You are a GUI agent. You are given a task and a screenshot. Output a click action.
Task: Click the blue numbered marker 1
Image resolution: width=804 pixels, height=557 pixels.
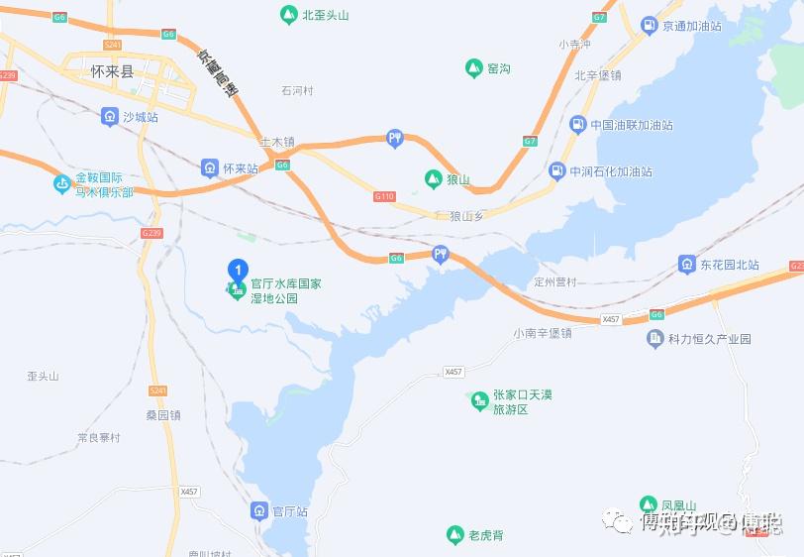pos(238,270)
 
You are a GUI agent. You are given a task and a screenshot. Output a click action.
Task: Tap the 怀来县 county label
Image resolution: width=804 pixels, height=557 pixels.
pos(111,71)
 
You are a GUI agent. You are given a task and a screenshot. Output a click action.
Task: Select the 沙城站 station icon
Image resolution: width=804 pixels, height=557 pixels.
pos(110,117)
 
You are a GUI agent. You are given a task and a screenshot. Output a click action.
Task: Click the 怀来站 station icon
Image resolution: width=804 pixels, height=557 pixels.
pos(210,168)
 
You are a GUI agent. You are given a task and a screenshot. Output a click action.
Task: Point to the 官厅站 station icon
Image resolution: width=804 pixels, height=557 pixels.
pos(258,511)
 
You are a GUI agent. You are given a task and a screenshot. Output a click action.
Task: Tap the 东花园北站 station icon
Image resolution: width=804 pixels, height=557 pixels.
pos(687,265)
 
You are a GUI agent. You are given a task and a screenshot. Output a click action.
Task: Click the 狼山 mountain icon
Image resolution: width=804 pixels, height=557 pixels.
pos(433,179)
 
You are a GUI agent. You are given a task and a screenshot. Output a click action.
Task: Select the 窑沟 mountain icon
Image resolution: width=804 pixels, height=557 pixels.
pos(474,68)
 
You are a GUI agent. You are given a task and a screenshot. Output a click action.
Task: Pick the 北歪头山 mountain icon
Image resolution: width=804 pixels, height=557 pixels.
pos(288,15)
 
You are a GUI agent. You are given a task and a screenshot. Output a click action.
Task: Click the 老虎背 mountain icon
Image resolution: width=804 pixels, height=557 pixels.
pos(454,535)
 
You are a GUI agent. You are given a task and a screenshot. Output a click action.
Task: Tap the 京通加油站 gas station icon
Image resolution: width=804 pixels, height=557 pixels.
pos(649,26)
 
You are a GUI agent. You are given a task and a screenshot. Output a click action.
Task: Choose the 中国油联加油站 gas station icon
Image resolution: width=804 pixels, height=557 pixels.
pos(576,125)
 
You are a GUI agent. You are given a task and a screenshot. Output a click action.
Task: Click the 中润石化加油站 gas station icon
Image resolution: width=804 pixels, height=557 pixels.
pos(556,171)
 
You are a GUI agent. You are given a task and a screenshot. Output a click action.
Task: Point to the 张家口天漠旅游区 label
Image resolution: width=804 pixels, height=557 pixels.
pos(522,401)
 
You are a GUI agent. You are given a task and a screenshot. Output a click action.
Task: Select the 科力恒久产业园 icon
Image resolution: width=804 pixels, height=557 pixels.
pos(655,339)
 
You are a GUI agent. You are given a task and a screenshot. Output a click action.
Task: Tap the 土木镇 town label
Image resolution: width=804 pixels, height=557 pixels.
pos(277,143)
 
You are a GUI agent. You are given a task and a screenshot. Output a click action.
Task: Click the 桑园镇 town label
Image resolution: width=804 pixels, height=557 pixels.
pos(163,415)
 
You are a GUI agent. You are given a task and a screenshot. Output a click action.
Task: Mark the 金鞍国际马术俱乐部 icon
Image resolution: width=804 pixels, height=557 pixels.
pos(62,183)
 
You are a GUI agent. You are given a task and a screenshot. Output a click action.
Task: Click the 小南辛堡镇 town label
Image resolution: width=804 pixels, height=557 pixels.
pos(543,333)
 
